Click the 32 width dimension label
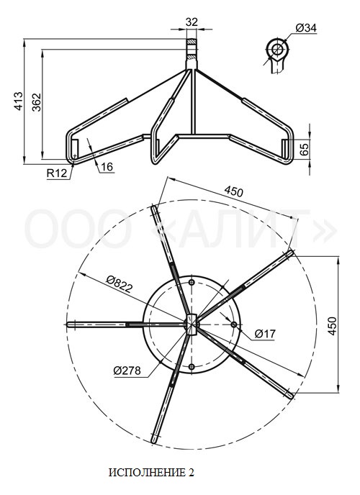pyautogui.click(x=192, y=22)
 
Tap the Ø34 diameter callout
pyautogui.click(x=306, y=28)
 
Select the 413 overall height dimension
pyautogui.click(x=18, y=101)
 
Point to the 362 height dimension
pyautogui.click(x=37, y=102)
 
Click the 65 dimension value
pyautogui.click(x=304, y=150)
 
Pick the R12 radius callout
pyautogui.click(x=57, y=173)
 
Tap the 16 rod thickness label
pyautogui.click(x=107, y=167)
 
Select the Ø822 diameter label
pyautogui.click(x=119, y=283)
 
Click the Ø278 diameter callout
pyautogui.click(x=127, y=370)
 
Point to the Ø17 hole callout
pyautogui.click(x=265, y=333)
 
